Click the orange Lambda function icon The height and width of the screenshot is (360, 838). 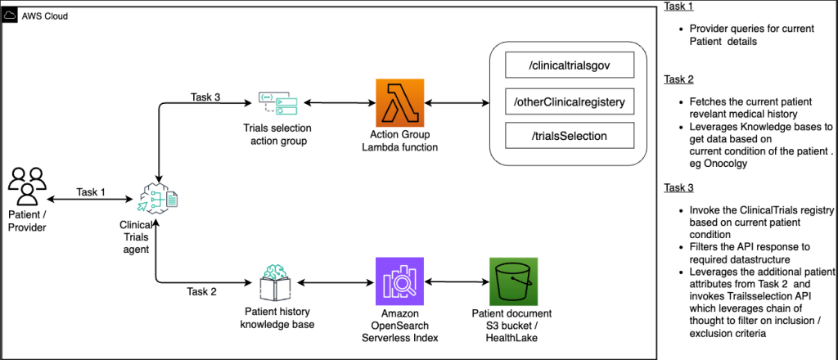pos(399,103)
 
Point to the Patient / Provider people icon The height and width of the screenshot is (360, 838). pos(28,187)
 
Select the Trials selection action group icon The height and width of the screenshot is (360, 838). pos(279,103)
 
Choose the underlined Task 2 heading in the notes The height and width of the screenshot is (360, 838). pos(678,79)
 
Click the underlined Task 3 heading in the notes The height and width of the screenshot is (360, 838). pos(678,187)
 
